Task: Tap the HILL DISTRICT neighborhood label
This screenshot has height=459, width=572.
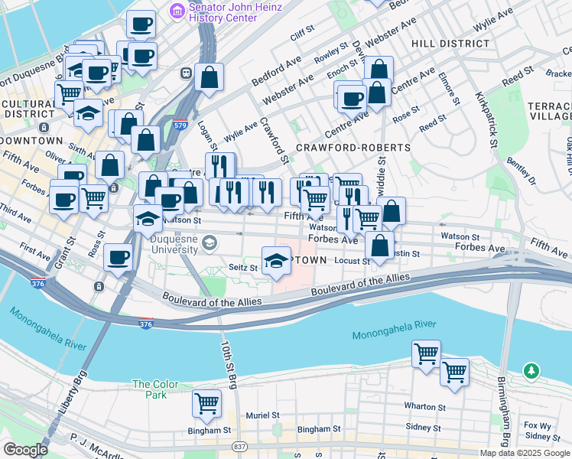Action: coord(450,44)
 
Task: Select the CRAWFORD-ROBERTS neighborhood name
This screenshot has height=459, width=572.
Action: coord(343,147)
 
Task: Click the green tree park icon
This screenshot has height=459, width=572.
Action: coord(531,370)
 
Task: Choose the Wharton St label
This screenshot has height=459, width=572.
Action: coord(425,407)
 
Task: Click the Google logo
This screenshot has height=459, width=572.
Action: coord(25,450)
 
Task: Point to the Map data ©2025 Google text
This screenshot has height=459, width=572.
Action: coord(525,453)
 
